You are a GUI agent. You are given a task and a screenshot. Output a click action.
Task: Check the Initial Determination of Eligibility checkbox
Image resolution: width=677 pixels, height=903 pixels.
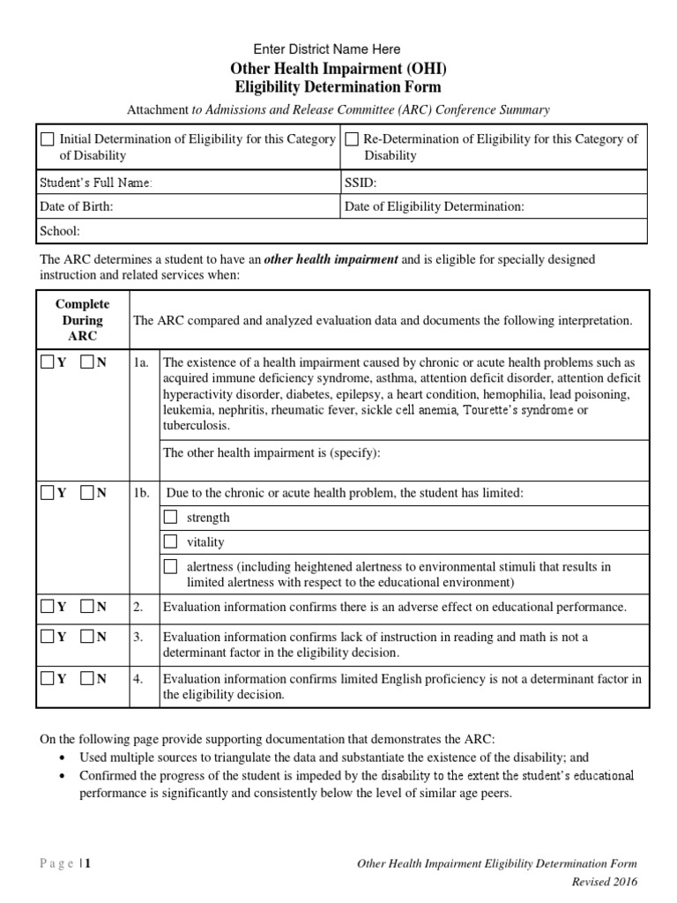[48, 139]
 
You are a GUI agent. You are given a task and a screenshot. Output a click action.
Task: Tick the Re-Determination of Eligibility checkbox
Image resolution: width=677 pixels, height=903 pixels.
[352, 139]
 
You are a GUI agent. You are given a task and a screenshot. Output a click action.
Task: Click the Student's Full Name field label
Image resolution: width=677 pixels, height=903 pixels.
[97, 183]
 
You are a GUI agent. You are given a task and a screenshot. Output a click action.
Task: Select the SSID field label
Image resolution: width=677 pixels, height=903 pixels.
[360, 183]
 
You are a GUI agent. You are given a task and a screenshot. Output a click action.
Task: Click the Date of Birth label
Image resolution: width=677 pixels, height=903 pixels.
[77, 206]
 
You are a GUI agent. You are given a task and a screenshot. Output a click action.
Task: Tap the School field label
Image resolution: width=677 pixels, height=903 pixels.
[60, 231]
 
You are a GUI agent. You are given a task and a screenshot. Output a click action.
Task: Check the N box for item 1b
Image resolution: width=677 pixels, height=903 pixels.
[87, 493]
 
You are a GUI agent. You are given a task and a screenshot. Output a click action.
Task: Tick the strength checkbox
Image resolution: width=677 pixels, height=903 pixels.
[171, 517]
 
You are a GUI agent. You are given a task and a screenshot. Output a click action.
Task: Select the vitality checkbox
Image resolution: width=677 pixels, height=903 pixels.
[171, 541]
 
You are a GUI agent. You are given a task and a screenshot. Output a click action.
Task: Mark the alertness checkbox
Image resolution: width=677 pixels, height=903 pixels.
[171, 566]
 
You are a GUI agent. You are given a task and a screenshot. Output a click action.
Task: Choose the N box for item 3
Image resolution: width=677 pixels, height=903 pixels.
[87, 637]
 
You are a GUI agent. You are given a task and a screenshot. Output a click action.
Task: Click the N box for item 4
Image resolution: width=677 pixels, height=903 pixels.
[87, 678]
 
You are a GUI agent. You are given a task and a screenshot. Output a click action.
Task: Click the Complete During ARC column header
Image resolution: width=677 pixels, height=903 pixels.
[83, 320]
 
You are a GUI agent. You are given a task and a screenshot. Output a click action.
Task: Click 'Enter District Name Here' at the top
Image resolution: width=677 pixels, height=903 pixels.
[326, 49]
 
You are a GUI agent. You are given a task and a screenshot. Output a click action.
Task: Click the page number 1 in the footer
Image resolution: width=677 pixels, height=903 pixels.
[87, 864]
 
